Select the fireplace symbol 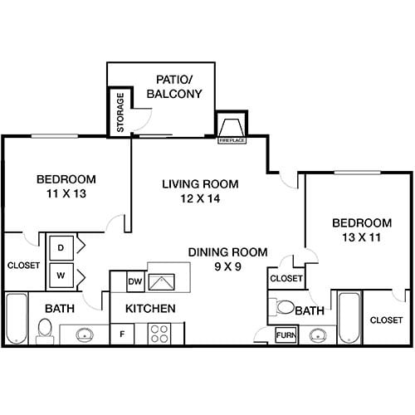(229, 129)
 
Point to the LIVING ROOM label (200, 184)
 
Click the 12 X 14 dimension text (200, 198)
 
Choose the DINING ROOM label (227, 252)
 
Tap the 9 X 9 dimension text (227, 266)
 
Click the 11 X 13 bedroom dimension (66, 193)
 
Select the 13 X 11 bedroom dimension (361, 237)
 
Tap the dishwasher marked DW (135, 282)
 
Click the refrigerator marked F (123, 334)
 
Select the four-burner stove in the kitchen (159, 334)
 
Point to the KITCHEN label (150, 309)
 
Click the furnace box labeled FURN (287, 335)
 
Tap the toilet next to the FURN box (286, 307)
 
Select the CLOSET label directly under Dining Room (286, 279)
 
